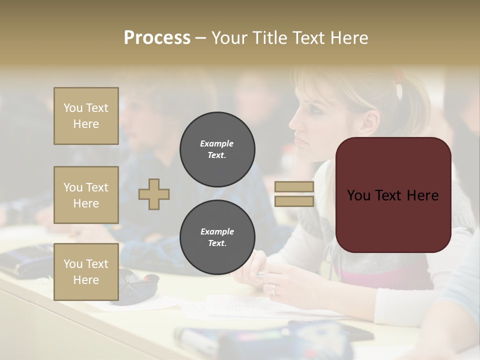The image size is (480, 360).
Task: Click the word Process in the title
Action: [157, 37]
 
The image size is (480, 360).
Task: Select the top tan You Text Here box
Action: [86, 116]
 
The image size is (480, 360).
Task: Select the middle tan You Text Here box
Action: [86, 195]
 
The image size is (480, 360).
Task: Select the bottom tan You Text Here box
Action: [86, 271]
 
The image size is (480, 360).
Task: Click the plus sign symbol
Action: [154, 194]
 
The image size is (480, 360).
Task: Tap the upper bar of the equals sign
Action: [294, 187]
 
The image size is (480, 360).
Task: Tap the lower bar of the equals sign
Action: [294, 201]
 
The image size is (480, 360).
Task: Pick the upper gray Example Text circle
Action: [217, 149]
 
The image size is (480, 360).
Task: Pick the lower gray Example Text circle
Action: [217, 237]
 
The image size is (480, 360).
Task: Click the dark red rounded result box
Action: [393, 195]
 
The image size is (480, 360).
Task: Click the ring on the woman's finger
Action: [274, 288]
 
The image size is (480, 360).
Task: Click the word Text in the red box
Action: [392, 195]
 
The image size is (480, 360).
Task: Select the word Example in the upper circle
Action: [216, 143]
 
